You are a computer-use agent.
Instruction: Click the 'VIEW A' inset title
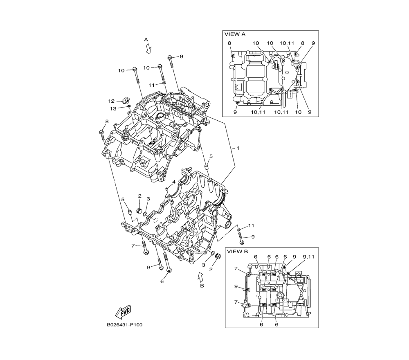(235, 34)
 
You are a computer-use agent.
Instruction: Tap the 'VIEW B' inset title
(237, 252)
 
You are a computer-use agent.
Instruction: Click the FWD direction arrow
(123, 312)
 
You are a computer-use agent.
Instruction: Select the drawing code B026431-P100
(125, 325)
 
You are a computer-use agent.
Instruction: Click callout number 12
(111, 101)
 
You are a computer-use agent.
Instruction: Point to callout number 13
(113, 108)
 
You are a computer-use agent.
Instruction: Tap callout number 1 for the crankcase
(238, 148)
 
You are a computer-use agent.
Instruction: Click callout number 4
(174, 182)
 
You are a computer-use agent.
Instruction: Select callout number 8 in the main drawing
(107, 122)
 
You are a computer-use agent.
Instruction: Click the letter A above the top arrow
(146, 40)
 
